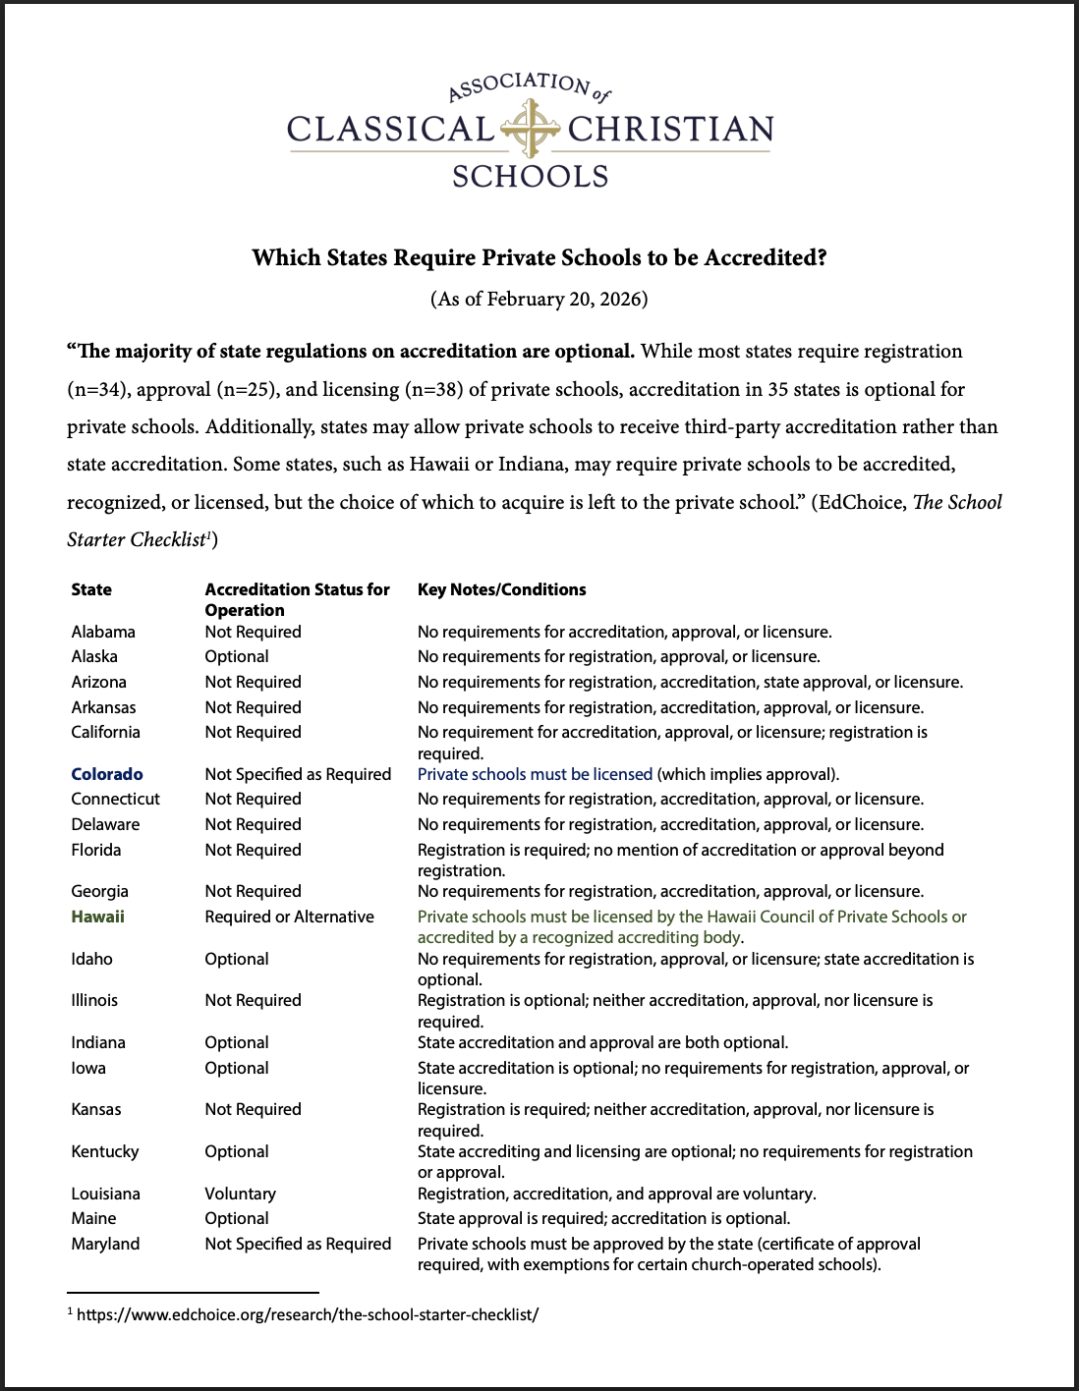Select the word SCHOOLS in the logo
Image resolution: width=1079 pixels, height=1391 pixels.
531,177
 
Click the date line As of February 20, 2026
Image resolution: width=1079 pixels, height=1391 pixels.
539,299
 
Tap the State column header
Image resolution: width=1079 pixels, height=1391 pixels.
91,589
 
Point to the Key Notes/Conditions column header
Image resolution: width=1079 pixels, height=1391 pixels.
501,589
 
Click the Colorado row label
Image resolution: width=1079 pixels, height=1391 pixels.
107,774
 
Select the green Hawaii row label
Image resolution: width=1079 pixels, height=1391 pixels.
97,917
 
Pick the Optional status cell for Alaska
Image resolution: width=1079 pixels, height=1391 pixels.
237,656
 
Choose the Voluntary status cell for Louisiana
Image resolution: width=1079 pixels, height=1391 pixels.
240,1194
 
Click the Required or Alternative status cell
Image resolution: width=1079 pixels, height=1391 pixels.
289,917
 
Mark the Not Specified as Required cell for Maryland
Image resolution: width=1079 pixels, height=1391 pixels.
298,1244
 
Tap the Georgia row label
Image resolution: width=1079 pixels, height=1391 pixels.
99,891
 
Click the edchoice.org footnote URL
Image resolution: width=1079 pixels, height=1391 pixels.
308,1314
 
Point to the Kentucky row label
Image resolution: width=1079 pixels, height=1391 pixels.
105,1151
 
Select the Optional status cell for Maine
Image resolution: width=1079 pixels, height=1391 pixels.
237,1218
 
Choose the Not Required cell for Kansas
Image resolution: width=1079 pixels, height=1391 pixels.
253,1109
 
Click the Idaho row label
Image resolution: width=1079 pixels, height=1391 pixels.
91,959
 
